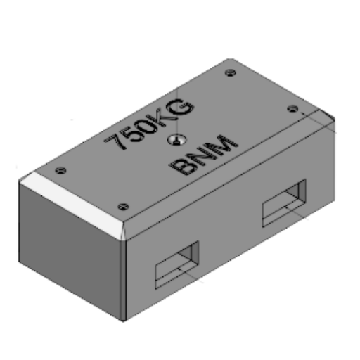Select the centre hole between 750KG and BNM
(174, 140)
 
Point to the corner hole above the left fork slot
(124, 206)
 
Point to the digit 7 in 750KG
(113, 143)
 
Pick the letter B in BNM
(182, 168)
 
